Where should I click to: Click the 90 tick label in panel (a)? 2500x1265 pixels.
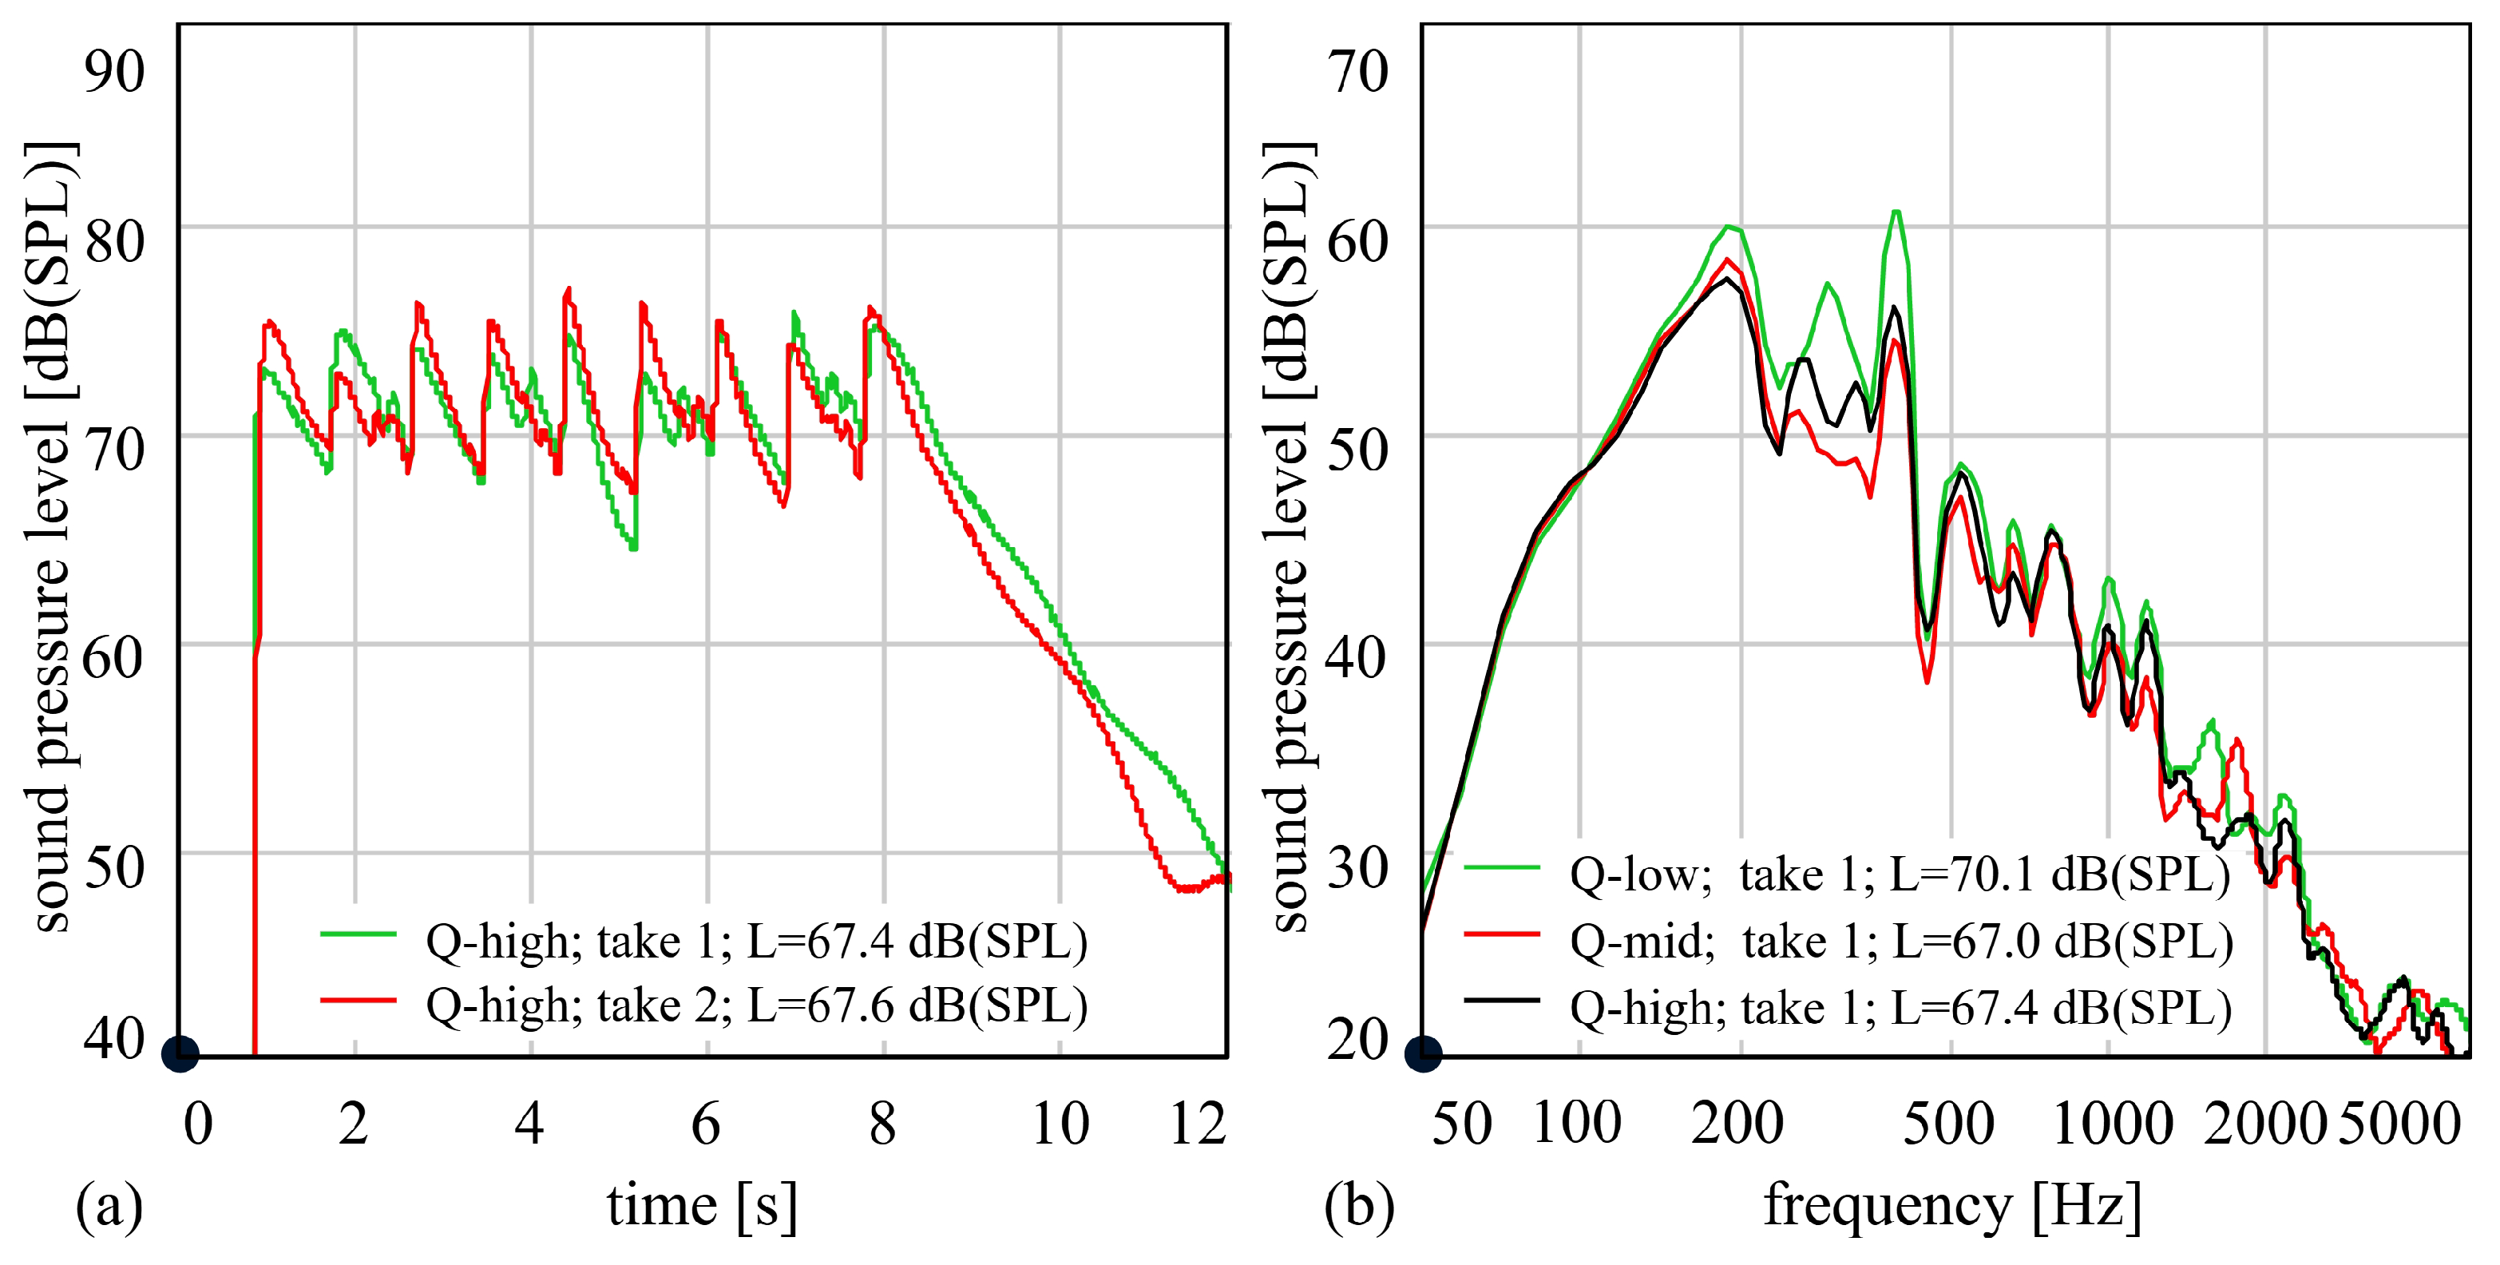tap(114, 72)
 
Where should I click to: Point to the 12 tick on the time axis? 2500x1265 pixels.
tap(1198, 1124)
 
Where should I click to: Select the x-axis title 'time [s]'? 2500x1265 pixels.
tap(702, 1206)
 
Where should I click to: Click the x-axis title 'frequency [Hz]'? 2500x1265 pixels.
tap(1951, 1206)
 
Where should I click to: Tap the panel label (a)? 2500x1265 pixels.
tap(109, 1206)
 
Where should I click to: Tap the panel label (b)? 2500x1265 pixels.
tap(1359, 1206)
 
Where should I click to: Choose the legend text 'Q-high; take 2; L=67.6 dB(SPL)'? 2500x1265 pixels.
tap(756, 1005)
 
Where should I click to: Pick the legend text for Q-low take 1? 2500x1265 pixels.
tap(1900, 874)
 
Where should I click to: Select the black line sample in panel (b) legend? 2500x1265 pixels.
tap(1501, 999)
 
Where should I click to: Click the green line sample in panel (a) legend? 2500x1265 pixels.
tap(359, 934)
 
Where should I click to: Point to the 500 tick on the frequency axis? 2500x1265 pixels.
tap(1949, 1124)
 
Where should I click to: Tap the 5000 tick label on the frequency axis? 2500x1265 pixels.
tap(2399, 1124)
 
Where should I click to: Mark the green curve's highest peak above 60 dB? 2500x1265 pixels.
tap(1896, 212)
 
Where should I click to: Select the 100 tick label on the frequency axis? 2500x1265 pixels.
tap(1577, 1124)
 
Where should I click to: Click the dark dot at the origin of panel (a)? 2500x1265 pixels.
tap(180, 1053)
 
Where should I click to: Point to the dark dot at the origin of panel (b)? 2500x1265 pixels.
tap(1423, 1053)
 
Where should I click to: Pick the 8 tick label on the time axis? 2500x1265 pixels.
tap(882, 1124)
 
